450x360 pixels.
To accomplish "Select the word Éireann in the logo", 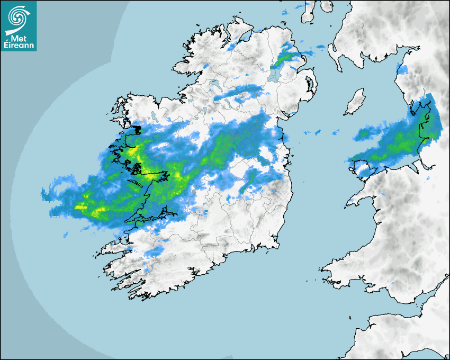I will (19, 46).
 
